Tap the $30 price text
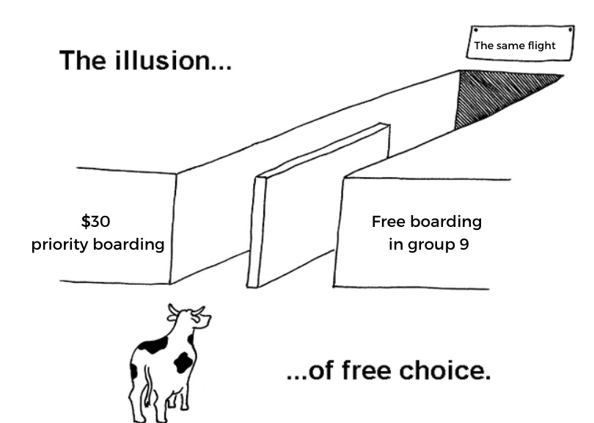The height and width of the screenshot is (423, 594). (95, 221)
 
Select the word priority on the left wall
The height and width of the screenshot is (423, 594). (61, 245)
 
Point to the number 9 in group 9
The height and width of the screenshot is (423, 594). (463, 244)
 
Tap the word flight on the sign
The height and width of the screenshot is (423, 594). (540, 46)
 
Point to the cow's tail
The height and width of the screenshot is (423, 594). (135, 382)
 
